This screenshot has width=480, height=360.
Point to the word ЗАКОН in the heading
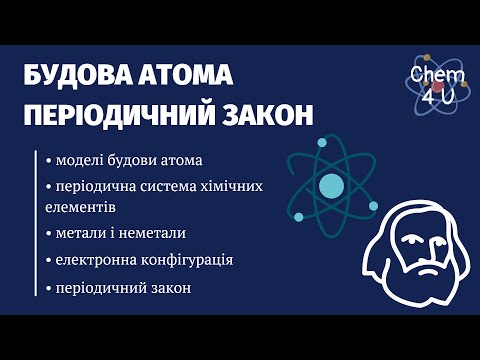point(260,114)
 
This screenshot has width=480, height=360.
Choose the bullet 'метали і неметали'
point(120,233)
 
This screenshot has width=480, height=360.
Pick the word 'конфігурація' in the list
point(190,260)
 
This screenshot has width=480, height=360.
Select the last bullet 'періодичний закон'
point(123,288)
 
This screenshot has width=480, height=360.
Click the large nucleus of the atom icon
point(330,185)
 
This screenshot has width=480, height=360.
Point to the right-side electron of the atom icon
point(373,206)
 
